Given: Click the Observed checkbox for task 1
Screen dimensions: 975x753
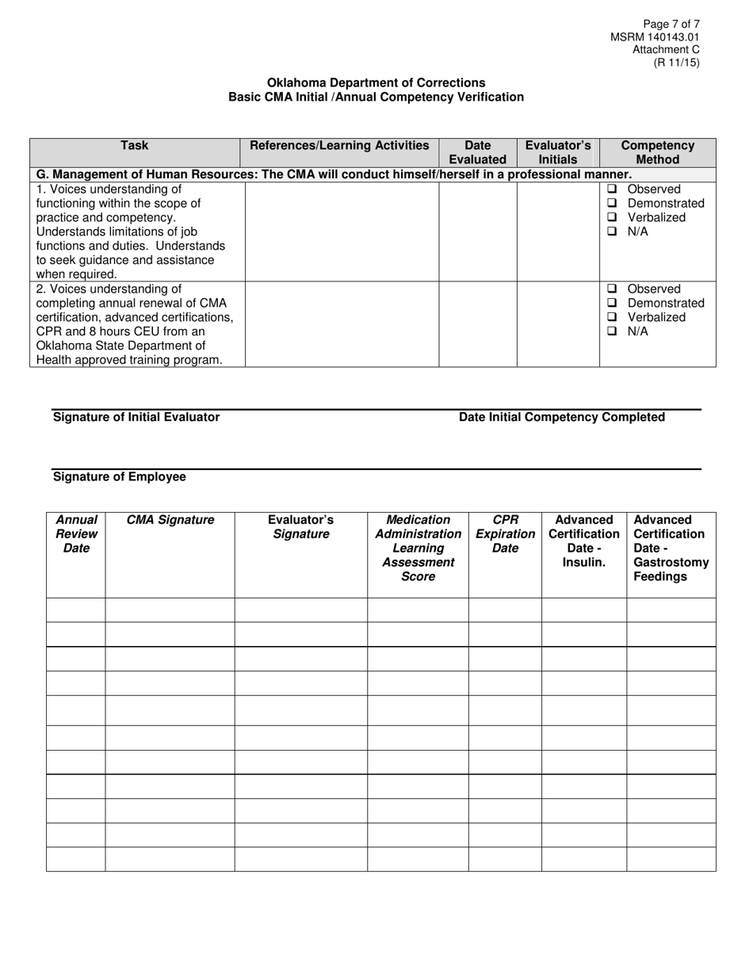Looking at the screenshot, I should point(612,189).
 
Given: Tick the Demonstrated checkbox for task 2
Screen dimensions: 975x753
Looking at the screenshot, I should point(612,304).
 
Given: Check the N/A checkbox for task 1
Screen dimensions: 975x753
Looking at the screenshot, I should point(612,232).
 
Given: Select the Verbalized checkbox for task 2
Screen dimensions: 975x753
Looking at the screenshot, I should point(612,318).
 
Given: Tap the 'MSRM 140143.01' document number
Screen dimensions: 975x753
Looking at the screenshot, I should point(655,37).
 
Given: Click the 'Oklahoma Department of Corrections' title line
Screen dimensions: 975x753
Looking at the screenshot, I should point(376,82).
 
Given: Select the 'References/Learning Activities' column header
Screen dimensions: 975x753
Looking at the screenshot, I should point(339,146).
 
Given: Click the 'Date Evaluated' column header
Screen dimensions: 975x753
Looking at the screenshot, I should point(478,152).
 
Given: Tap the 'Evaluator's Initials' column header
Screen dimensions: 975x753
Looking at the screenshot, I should point(558,152).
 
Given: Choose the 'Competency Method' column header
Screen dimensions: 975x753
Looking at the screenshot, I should point(657,152).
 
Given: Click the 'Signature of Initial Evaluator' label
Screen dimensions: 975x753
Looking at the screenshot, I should point(136,417).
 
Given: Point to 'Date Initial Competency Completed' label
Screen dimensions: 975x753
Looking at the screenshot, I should point(562,417).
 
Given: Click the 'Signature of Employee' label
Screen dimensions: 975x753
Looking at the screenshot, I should point(120,476).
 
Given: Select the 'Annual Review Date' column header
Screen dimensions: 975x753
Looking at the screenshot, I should point(76,533).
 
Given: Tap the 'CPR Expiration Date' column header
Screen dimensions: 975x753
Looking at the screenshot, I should point(505,533).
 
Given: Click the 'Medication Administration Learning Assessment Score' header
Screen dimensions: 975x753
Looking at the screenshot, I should point(418,548).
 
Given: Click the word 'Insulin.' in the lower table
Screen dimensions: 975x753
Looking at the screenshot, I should point(584,562).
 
